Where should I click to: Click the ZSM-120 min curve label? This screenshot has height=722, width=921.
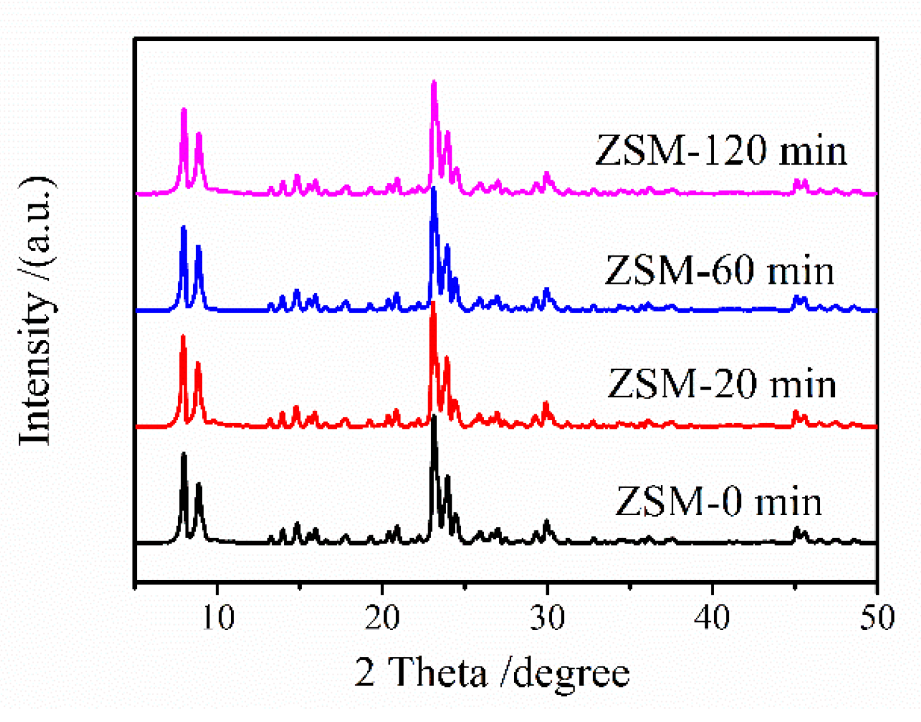[x=721, y=151]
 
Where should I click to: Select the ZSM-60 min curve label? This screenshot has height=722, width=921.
[x=719, y=271]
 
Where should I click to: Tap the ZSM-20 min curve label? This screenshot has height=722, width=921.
[x=722, y=384]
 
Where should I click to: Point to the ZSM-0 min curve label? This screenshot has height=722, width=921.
[x=719, y=502]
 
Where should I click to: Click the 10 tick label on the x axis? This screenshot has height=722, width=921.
[x=218, y=617]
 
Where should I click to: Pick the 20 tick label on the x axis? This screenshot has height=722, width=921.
[x=382, y=617]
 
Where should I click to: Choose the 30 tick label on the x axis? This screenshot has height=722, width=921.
[x=547, y=617]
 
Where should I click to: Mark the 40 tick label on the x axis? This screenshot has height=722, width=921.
[x=712, y=617]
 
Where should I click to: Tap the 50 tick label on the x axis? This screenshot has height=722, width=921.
[x=877, y=617]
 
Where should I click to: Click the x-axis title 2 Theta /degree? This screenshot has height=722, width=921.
[x=492, y=672]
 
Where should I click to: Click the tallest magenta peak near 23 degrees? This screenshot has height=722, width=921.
[x=434, y=83]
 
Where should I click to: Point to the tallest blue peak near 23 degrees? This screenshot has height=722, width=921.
[x=433, y=190]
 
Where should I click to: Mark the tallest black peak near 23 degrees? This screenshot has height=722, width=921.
[x=433, y=417]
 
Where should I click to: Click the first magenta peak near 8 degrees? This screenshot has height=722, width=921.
[x=184, y=110]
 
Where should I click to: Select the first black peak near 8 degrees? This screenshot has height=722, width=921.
[x=184, y=454]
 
